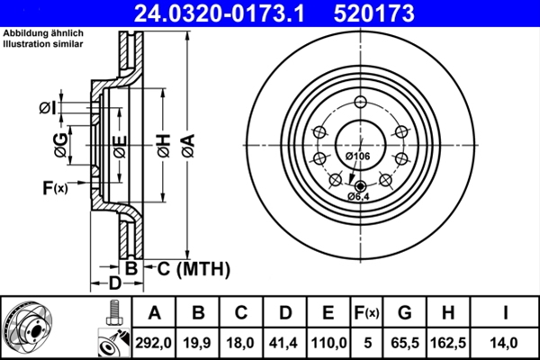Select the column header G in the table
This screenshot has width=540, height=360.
(x=404, y=312)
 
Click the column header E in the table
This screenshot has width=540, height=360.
(x=328, y=312)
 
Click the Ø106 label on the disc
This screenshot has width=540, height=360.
(x=358, y=157)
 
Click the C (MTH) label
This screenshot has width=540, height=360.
(x=188, y=268)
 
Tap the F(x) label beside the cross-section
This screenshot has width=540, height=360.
(x=54, y=187)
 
